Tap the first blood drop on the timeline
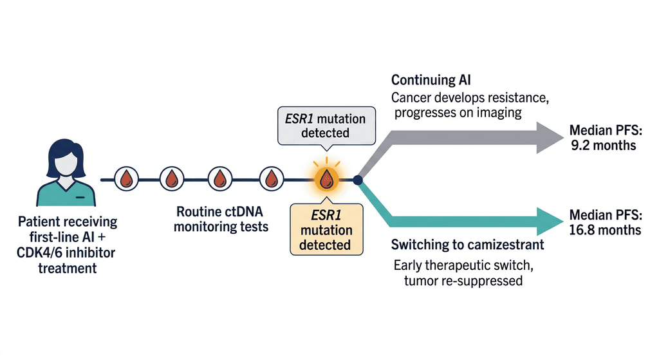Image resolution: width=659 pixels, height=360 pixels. pos(127,179)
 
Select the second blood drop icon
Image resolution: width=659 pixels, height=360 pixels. pos(172,179)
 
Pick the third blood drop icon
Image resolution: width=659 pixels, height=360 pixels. pos(220,179)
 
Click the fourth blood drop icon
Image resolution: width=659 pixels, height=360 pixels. pos(272,179)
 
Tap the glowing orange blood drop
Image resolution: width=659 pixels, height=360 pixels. pos(326,180)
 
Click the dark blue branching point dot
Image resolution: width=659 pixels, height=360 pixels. pos(358,180)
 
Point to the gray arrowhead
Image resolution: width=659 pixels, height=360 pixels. pos(550,138)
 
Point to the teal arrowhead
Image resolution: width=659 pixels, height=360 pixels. pos(550,222)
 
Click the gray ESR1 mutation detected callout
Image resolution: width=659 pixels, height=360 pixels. pos(326,126)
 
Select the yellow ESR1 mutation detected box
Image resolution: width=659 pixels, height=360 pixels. pos(326,230)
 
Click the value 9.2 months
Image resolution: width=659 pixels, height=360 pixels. pos(603,146)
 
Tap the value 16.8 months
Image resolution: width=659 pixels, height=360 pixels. pos(605,230)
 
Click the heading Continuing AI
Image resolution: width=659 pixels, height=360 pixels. pos(431,80)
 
